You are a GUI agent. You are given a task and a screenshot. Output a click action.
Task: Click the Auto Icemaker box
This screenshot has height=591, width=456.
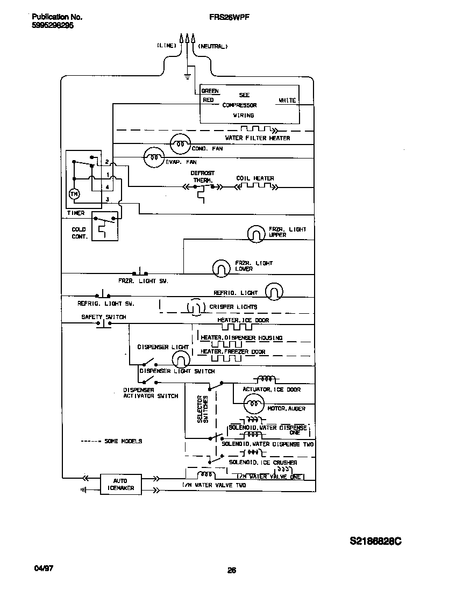click(x=121, y=484)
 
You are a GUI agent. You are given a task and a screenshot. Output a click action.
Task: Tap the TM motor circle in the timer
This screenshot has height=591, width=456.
click(x=75, y=194)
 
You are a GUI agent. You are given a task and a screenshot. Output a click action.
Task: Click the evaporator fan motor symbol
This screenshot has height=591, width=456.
click(x=153, y=157)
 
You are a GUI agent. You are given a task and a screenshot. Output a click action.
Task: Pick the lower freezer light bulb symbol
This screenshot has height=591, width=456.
click(x=220, y=268)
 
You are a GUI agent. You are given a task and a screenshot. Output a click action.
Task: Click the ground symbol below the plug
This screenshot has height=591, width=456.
click(x=187, y=76)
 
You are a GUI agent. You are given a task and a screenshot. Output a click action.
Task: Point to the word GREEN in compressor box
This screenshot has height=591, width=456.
click(x=210, y=91)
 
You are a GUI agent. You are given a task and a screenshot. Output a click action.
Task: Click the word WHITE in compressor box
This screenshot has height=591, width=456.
click(x=287, y=100)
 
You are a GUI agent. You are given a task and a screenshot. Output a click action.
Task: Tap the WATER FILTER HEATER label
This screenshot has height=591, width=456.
click(x=257, y=138)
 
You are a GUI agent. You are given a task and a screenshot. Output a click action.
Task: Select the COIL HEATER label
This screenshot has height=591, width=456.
click(x=255, y=178)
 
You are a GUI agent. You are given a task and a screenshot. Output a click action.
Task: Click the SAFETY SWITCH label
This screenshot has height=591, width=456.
click(x=103, y=317)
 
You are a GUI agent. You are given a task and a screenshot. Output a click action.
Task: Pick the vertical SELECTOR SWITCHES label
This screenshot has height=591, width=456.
click(x=202, y=409)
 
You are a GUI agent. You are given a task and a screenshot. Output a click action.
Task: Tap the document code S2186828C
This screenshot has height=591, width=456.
click(x=375, y=542)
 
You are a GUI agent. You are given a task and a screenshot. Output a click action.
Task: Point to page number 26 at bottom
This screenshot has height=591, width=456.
click(x=232, y=571)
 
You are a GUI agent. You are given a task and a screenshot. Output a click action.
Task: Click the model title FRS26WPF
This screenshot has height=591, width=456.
click(x=229, y=17)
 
